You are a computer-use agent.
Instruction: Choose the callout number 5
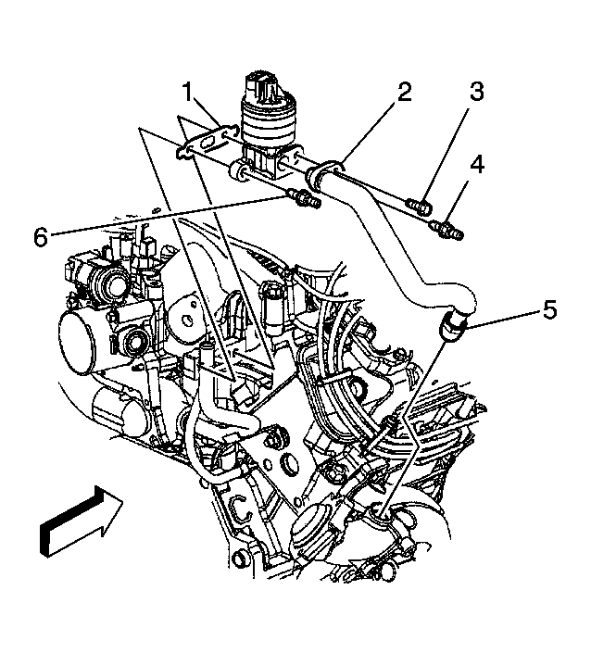pyautogui.click(x=550, y=308)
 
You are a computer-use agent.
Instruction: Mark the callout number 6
pyautogui.click(x=40, y=236)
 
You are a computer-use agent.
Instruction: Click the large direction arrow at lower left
pyautogui.click(x=82, y=526)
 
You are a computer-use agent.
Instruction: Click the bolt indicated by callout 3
pyautogui.click(x=418, y=201)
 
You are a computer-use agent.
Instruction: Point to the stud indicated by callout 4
pyautogui.click(x=447, y=226)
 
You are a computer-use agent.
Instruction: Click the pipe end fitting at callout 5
pyautogui.click(x=453, y=325)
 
